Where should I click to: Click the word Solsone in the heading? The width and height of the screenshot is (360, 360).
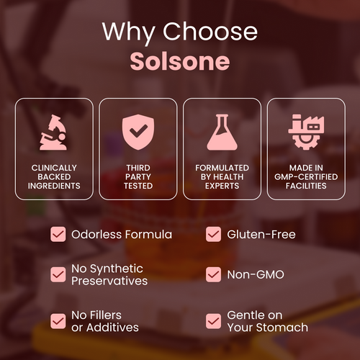pyautogui.click(x=180, y=61)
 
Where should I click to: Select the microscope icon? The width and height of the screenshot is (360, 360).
pyautogui.click(x=54, y=132)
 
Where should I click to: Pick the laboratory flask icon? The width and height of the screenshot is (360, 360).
pyautogui.click(x=222, y=132)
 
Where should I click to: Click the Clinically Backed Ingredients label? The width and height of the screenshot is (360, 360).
pyautogui.click(x=54, y=176)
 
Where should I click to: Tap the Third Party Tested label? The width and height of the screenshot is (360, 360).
pyautogui.click(x=138, y=176)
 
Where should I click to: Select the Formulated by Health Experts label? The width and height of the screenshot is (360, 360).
pyautogui.click(x=222, y=176)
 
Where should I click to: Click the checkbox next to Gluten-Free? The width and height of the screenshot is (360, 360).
pyautogui.click(x=214, y=235)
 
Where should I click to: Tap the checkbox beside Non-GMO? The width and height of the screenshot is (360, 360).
pyautogui.click(x=214, y=274)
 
